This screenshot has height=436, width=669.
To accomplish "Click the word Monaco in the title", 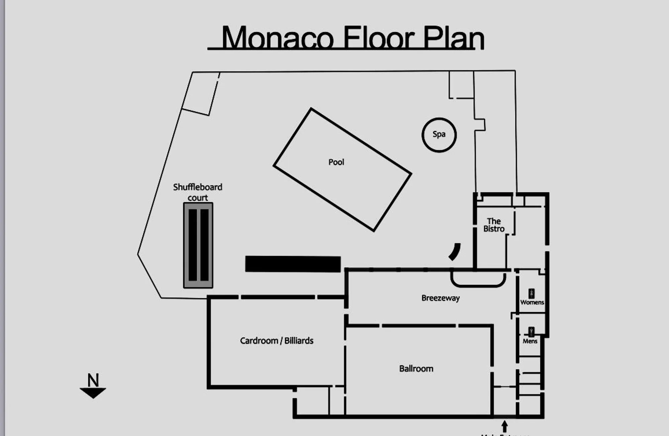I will [x=278, y=38].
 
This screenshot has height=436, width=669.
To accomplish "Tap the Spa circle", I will [x=439, y=135].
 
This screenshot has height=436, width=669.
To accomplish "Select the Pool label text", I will [x=336, y=162].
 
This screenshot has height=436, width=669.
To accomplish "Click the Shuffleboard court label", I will [x=197, y=192].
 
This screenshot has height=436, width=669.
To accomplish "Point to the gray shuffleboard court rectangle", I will [x=198, y=245].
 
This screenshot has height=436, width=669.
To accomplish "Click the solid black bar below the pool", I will [x=293, y=264].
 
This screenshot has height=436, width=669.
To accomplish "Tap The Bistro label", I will [x=494, y=225].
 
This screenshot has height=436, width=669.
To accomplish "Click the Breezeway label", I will [x=440, y=298].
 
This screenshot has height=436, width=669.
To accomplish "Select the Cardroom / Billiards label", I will [x=277, y=341].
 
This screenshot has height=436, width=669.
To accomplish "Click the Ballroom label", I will [x=416, y=369].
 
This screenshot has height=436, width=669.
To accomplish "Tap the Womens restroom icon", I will [x=531, y=294].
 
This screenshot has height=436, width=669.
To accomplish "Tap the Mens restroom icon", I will [x=531, y=332].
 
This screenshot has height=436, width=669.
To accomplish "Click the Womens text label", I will [x=532, y=302].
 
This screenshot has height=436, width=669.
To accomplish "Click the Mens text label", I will [x=530, y=341].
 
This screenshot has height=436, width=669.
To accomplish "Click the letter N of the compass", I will [x=93, y=380].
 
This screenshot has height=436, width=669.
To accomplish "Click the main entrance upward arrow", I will [x=504, y=426].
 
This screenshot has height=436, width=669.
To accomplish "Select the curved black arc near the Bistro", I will [x=455, y=251].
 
